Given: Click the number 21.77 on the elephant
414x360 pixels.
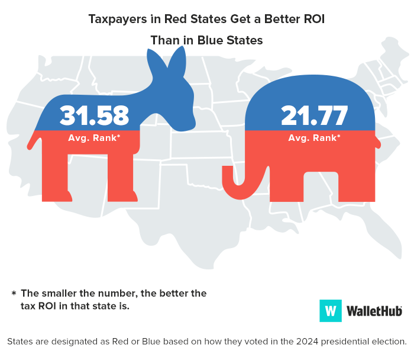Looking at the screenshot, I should point(314,115).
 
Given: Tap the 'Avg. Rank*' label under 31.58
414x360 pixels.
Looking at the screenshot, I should point(94,138).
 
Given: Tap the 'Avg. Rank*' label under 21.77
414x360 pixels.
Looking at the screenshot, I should point(314,138).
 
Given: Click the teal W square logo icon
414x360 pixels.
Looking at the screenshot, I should point(331,310).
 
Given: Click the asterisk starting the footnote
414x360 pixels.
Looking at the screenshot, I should point(13,294).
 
